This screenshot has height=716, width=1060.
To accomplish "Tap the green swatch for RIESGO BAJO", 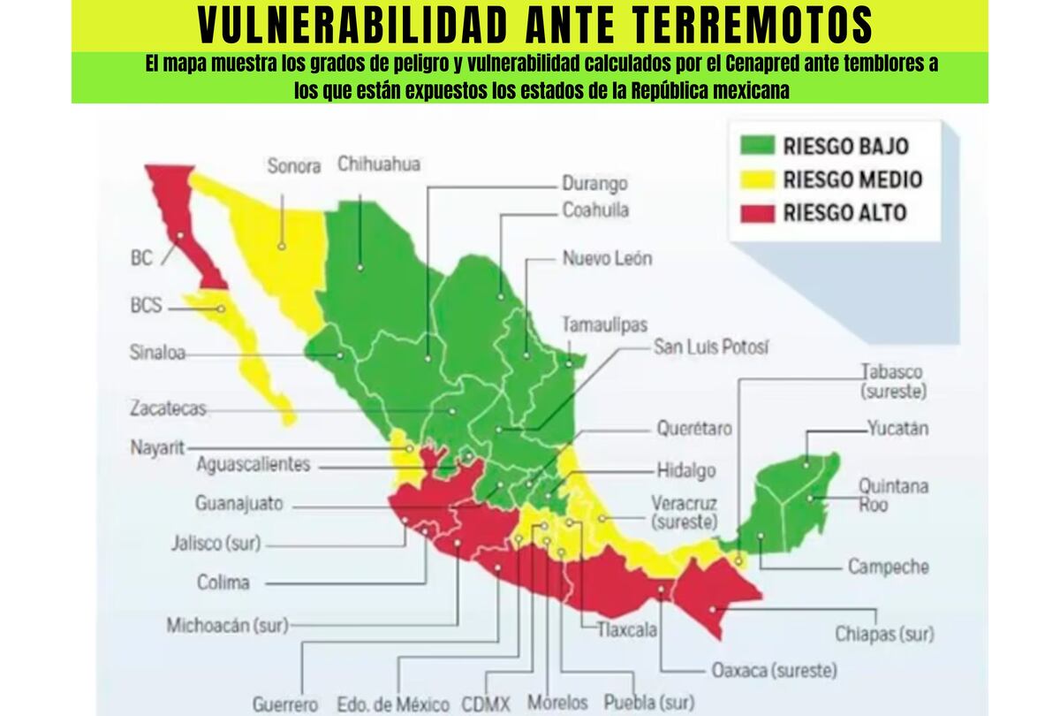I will [759, 146].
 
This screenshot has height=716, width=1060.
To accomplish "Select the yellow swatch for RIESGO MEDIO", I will [759, 180].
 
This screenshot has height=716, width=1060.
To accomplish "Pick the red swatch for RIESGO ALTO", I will [759, 213].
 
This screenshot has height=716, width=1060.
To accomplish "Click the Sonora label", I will [293, 166].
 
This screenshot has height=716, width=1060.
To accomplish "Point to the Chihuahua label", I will [379, 164].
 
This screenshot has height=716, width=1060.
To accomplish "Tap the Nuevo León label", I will [608, 259].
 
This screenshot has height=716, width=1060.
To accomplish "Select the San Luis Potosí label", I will [711, 347].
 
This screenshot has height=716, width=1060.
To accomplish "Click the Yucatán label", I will [897, 430].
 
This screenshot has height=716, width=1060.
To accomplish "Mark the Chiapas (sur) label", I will [884, 634].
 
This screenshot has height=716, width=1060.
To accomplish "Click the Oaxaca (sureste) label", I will [775, 670].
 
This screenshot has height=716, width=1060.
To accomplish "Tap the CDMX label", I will [486, 705].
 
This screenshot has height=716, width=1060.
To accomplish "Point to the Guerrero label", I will [285, 705].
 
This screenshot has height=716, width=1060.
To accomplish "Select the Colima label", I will [223, 583].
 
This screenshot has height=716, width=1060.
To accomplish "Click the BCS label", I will [146, 306].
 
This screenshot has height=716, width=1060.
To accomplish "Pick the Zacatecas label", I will [168, 408].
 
